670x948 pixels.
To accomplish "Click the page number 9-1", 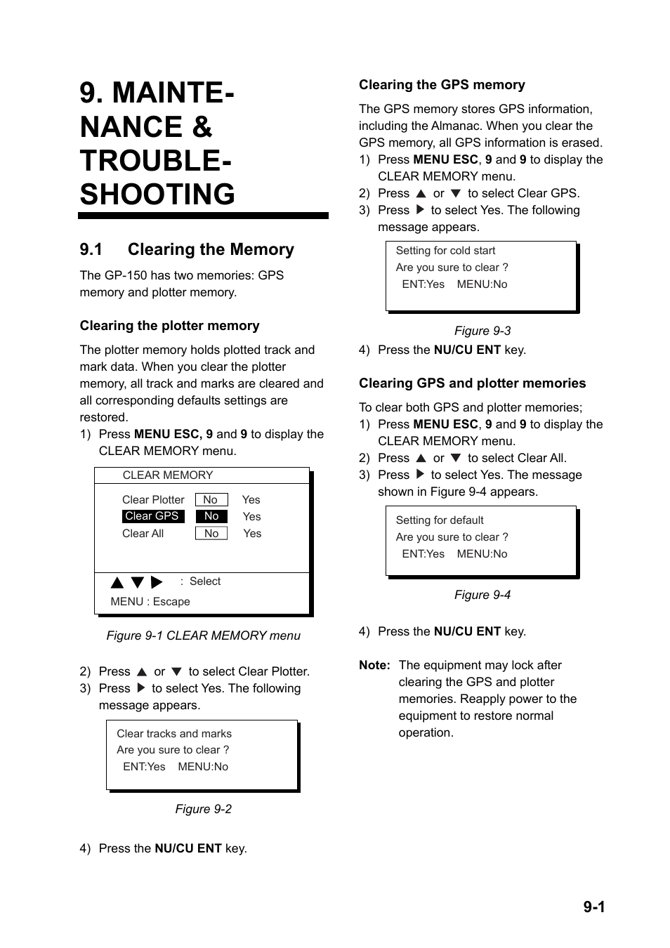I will tap(593, 907).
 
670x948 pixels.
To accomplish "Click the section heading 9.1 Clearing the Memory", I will tap(187, 249).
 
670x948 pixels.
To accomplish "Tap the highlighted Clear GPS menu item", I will tap(152, 516).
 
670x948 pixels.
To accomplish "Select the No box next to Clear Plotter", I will tap(211, 500).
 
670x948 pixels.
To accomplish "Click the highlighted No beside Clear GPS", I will tap(211, 516).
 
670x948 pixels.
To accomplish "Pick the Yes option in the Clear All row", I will tap(252, 534).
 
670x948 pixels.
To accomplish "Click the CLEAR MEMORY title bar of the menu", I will tap(168, 475).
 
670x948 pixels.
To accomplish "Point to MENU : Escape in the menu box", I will tap(150, 602).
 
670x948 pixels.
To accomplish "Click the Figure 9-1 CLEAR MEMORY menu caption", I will tap(203, 636).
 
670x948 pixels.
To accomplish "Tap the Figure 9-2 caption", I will tap(203, 809).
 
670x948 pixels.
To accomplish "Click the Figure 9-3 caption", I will tap(482, 331).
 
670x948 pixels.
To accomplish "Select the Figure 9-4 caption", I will tap(482, 595).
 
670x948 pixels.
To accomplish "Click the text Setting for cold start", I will tap(445, 251).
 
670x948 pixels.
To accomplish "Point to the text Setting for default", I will tap(440, 520).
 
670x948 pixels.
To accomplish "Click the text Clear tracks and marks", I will tap(174, 734).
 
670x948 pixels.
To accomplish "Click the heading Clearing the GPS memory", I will tap(442, 85).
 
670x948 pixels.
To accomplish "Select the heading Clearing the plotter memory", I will tap(169, 326).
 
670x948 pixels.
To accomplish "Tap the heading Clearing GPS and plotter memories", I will tap(472, 383).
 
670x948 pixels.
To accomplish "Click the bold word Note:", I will tap(374, 665).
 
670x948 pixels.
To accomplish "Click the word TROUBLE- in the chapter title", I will tap(156, 161).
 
